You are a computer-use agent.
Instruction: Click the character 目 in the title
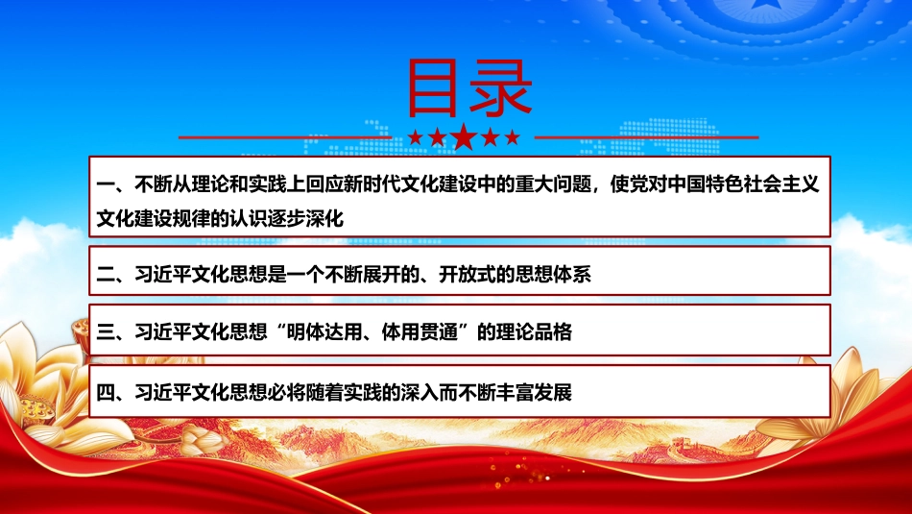(433, 87)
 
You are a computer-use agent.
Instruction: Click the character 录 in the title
(501, 87)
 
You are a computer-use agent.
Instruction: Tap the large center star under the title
(464, 137)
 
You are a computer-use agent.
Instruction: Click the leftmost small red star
(416, 137)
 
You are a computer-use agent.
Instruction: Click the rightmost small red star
(512, 137)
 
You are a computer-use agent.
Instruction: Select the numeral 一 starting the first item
(106, 185)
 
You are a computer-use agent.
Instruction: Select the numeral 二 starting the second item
(106, 274)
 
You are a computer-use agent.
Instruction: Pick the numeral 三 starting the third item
(106, 332)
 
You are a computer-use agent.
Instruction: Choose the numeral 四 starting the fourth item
(106, 393)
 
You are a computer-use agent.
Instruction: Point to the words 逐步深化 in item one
(306, 219)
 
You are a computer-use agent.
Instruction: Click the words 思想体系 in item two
(554, 274)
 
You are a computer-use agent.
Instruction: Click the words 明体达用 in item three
(324, 332)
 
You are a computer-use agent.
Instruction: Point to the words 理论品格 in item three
(535, 332)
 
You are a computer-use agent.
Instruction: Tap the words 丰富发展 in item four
(535, 393)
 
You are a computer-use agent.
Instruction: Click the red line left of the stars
(285, 138)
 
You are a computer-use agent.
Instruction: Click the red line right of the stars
(647, 138)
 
